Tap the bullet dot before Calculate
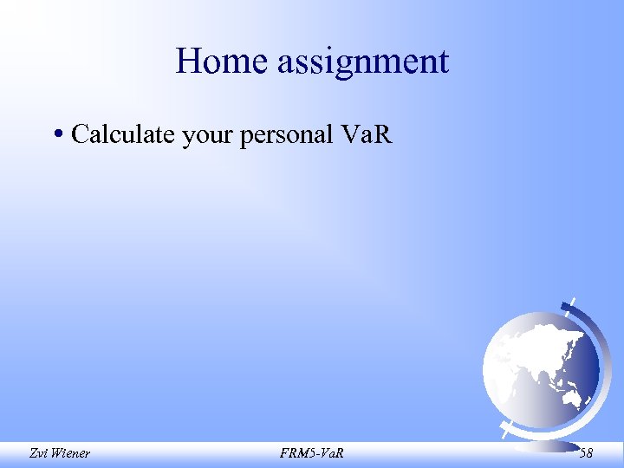pos(56,134)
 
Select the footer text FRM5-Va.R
pos(312,452)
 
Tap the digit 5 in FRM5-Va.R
pos(312,452)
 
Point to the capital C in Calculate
pos(80,134)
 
